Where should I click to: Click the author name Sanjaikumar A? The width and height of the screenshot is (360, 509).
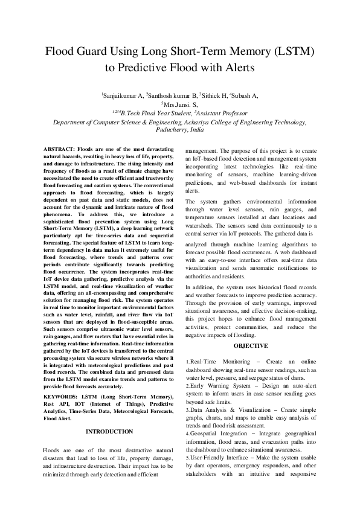[x=123, y=95]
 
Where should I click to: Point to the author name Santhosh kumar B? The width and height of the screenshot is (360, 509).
[x=172, y=95]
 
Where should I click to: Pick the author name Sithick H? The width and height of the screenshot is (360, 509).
[x=214, y=95]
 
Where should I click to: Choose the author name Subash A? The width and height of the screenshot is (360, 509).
[x=244, y=95]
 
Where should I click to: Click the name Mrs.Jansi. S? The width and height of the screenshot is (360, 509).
[x=181, y=104]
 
